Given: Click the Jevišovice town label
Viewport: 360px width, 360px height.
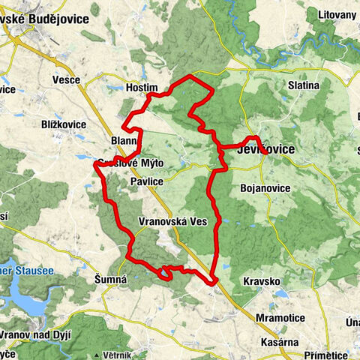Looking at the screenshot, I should (x=265, y=150).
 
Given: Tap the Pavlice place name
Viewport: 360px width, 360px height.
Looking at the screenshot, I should (x=146, y=182).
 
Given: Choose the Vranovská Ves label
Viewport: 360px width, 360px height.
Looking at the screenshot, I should (x=173, y=222).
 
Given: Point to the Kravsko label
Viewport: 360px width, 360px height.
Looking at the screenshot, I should (x=262, y=281).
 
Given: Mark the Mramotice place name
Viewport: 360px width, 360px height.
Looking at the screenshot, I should (x=280, y=318).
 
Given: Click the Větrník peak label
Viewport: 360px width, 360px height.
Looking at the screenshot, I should (x=118, y=354).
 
